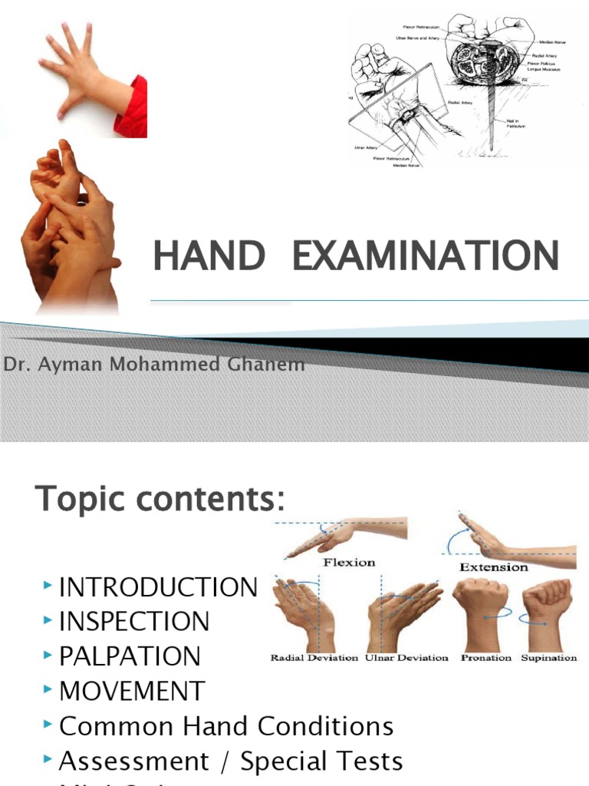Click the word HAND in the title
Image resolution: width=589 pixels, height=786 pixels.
[x=209, y=255]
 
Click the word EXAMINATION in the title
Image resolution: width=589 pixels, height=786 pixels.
[x=425, y=255]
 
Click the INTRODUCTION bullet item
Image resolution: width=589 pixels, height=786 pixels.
[x=159, y=588]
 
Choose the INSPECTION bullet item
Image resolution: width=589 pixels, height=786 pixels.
[x=134, y=622]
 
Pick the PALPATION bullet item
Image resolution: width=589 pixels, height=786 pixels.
[x=130, y=656]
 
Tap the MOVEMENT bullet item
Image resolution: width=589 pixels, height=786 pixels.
[x=132, y=691]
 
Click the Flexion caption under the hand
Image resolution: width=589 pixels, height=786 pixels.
[x=349, y=563]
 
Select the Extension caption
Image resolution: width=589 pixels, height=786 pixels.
[x=494, y=567]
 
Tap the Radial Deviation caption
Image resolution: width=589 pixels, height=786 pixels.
[x=314, y=658]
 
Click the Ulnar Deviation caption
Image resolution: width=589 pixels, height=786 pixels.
[x=406, y=658]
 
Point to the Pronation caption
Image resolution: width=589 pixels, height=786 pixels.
[x=487, y=658]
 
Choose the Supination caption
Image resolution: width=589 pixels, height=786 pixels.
[x=549, y=658]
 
